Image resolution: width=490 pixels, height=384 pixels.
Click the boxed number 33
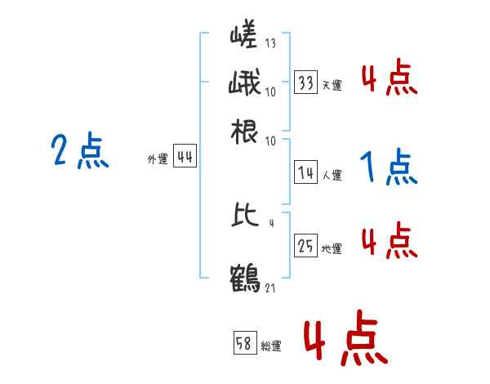click(306, 83)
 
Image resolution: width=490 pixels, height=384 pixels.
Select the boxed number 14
click(306, 173)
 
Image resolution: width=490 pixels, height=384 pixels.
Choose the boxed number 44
click(185, 159)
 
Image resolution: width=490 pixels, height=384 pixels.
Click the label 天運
click(332, 85)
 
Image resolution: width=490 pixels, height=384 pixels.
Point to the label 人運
click(332, 175)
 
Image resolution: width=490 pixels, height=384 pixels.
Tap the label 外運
click(158, 160)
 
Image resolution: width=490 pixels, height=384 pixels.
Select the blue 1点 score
click(388, 168)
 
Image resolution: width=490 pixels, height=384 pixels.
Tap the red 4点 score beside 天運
click(388, 80)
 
